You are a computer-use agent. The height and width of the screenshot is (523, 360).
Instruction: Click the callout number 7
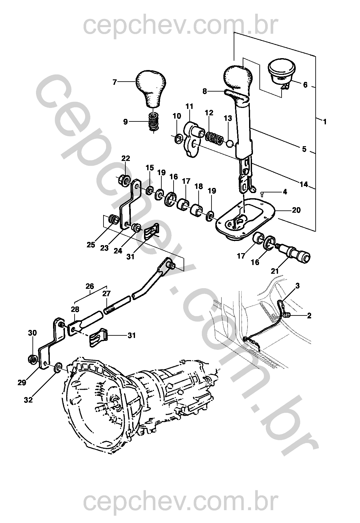tap(114, 82)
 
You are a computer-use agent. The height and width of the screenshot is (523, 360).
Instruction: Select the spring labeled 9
tap(154, 122)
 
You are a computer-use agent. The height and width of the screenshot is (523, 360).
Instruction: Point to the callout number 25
tap(91, 245)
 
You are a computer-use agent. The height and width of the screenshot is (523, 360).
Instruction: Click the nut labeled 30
tap(32, 358)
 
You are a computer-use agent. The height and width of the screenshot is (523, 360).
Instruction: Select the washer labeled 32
tap(58, 368)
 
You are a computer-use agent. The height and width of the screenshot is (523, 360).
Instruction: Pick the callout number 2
tap(309, 315)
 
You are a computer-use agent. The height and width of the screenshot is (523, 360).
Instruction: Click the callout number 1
tap(325, 122)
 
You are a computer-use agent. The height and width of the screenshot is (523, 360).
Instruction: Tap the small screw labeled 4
tap(262, 193)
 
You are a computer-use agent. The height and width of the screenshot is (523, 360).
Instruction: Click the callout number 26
tap(90, 286)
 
